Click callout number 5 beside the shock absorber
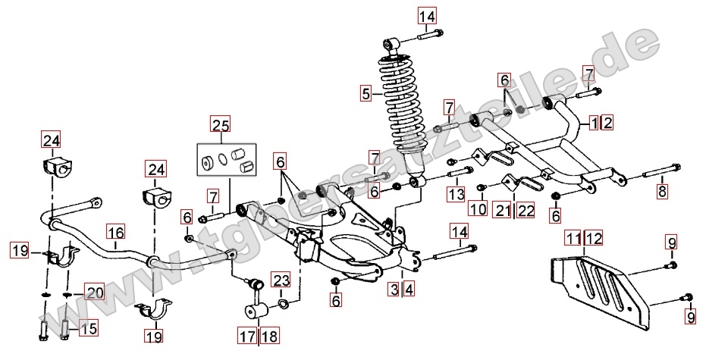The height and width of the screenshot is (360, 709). point(367,94)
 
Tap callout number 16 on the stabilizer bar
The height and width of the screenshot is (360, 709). point(115,233)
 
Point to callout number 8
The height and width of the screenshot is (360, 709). point(663,191)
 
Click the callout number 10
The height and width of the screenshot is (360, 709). point(477,208)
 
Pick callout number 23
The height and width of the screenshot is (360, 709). point(281,280)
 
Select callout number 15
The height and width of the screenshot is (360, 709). point(89,328)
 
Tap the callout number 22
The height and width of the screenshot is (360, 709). point(525,208)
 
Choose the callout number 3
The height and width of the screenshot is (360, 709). point(395,288)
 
